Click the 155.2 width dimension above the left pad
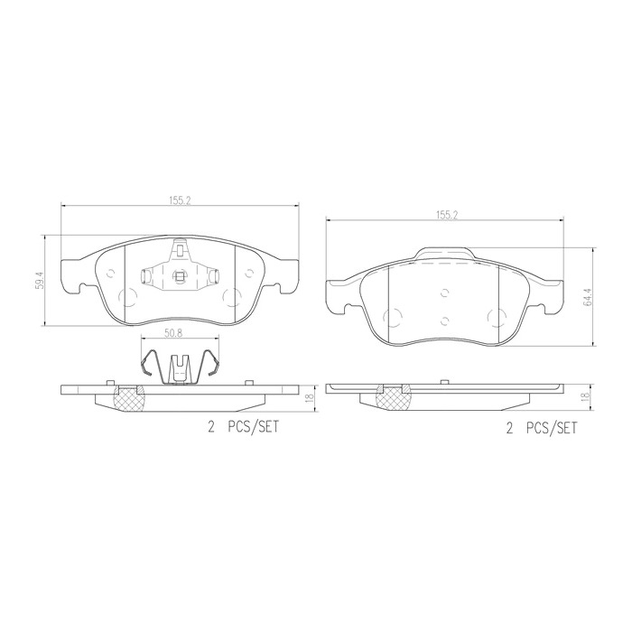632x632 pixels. point(179,200)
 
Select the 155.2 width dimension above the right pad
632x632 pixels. point(444,215)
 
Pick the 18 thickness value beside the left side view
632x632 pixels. point(310,397)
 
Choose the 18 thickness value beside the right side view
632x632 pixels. point(586,397)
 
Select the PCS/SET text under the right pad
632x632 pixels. point(550,431)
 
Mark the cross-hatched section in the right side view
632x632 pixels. point(393,398)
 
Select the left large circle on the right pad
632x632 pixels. point(392,316)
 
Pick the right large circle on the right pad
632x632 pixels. point(496,316)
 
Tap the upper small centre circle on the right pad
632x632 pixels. point(444,292)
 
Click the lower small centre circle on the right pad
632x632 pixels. point(444,322)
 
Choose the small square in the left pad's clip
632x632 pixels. point(180,276)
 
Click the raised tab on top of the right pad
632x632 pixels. point(443,256)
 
